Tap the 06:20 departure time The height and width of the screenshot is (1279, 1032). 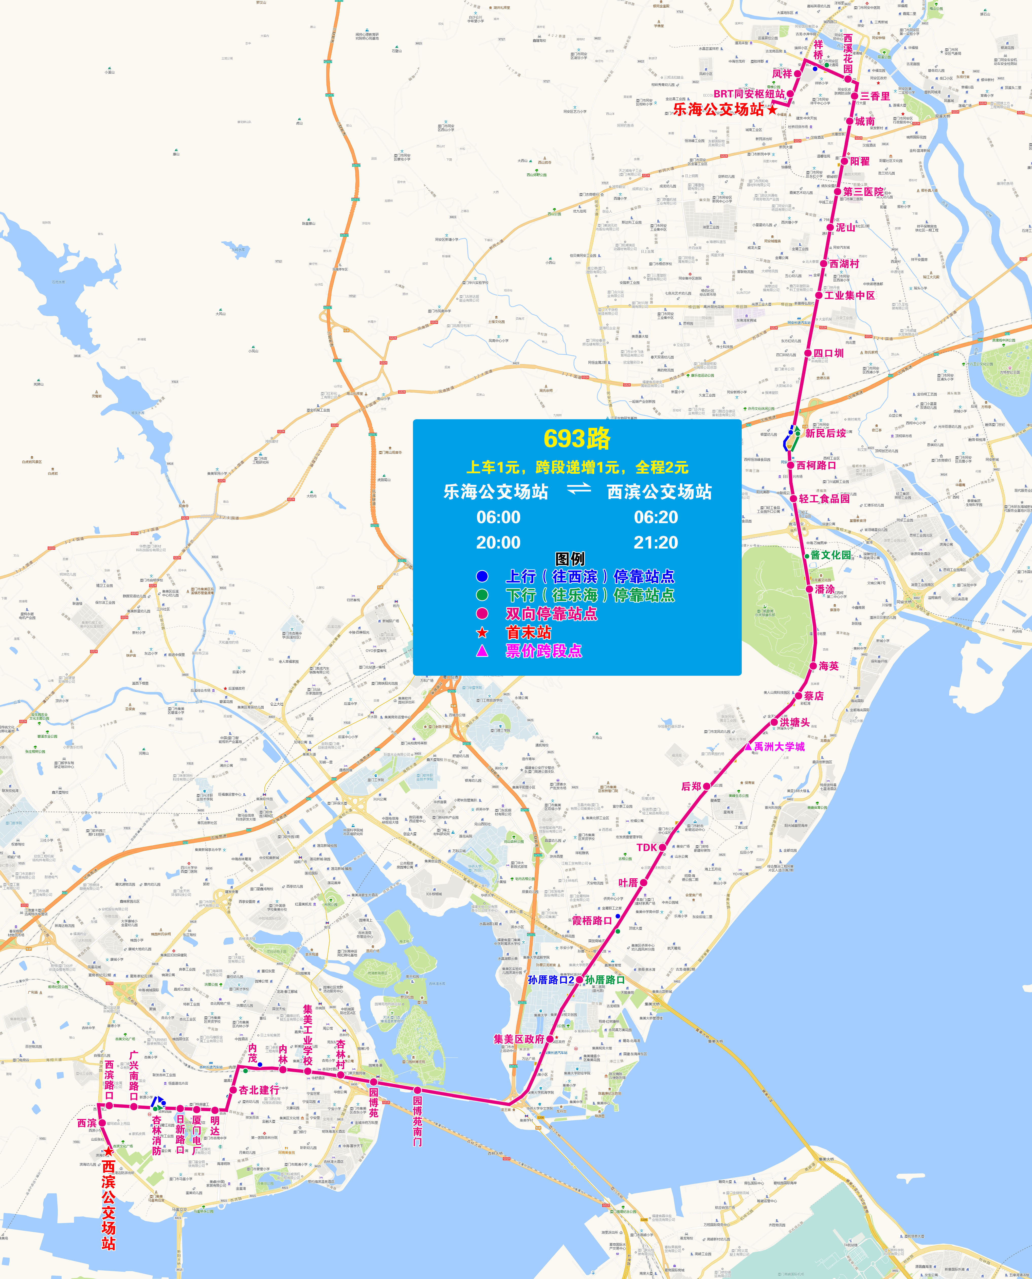[x=656, y=517]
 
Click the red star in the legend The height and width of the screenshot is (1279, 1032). [x=482, y=632]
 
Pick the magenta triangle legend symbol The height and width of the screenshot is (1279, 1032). [x=482, y=651]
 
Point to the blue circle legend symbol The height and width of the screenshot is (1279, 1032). [x=482, y=576]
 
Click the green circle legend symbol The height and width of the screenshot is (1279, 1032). [x=482, y=595]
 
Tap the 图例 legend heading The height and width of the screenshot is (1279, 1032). [x=570, y=559]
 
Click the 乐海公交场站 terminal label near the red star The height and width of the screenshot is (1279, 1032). [x=718, y=109]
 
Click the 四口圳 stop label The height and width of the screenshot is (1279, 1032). [x=828, y=353]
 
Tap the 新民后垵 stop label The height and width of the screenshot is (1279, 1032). [x=825, y=433]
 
